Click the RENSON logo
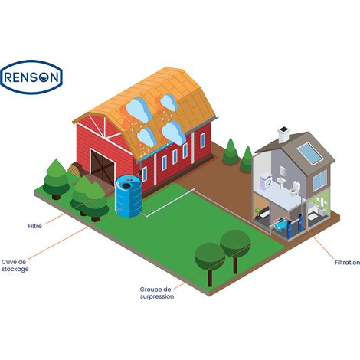tap(31, 77)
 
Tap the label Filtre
tap(35, 226)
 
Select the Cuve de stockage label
tap(15, 266)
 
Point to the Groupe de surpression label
tap(157, 293)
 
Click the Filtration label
tap(347, 263)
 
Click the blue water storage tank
tap(128, 196)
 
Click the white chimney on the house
tap(283, 135)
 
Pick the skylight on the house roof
tap(310, 153)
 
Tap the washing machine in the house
tap(266, 181)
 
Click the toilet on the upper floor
tap(296, 188)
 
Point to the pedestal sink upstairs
tap(281, 182)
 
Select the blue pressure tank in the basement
tap(280, 224)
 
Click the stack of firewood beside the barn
tap(76, 169)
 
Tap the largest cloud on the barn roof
tap(139, 109)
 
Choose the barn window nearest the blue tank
tap(145, 174)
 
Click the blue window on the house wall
tap(319, 180)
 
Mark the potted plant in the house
tap(257, 212)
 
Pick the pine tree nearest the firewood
tap(56, 179)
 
